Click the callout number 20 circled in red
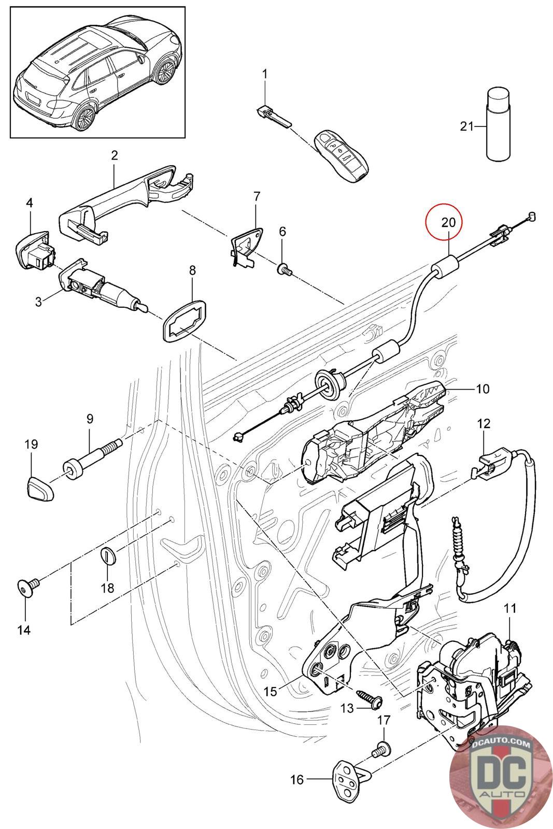[x=448, y=222]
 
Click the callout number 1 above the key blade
[x=265, y=74]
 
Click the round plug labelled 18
[x=108, y=556]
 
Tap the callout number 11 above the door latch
[x=511, y=608]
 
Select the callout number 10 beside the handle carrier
[x=483, y=388]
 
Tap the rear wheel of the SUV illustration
[x=82, y=117]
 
